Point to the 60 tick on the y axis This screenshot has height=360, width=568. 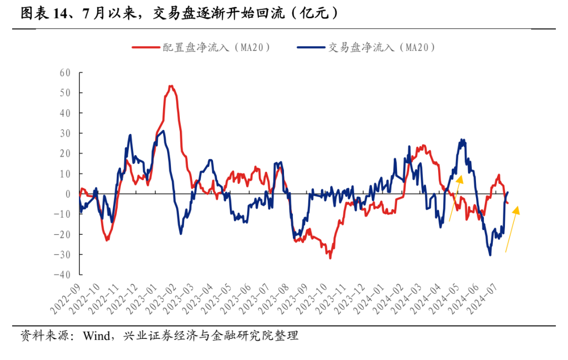click(65, 73)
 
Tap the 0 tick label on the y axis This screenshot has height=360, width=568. click(68, 194)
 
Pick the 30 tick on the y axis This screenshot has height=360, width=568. click(65, 133)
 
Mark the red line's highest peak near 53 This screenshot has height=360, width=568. click(171, 86)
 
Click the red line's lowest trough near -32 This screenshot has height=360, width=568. click(330, 258)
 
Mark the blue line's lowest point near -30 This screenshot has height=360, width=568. click(490, 255)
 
